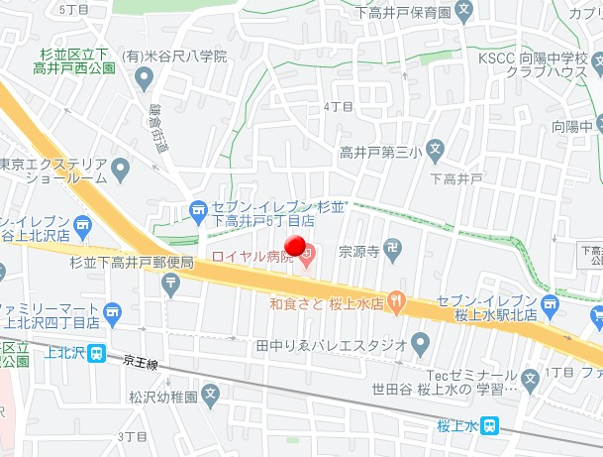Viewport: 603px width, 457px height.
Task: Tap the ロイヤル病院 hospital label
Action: (x=252, y=258)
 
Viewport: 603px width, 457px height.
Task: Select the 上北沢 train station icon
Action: (x=96, y=352)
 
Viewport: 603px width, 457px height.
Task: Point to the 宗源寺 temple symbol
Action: (x=394, y=252)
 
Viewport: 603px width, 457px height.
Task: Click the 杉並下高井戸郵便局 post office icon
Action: (x=172, y=284)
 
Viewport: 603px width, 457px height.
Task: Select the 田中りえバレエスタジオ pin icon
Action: (x=420, y=345)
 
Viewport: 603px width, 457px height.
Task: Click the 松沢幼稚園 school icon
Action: (x=209, y=395)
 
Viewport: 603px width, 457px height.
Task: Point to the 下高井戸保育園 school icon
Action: (x=466, y=12)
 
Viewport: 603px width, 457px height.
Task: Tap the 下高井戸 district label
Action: (x=456, y=178)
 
